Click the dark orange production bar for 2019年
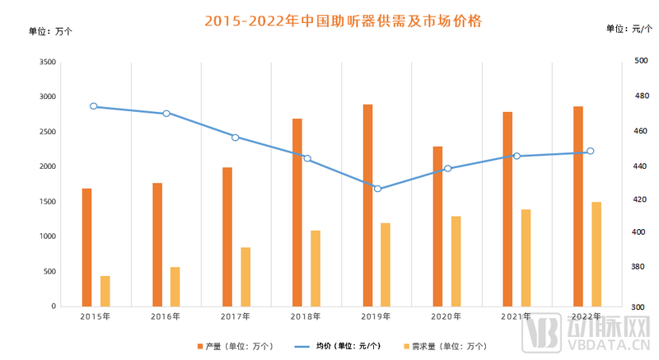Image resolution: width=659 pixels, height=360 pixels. (x=367, y=205)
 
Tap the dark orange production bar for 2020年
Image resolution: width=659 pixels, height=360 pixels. (x=437, y=227)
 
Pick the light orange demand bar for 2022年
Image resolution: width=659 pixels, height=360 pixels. (x=596, y=254)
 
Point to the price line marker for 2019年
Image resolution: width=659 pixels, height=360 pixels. (x=378, y=189)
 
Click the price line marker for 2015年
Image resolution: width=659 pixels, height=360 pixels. (x=94, y=106)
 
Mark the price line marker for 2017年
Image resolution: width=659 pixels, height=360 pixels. (x=235, y=138)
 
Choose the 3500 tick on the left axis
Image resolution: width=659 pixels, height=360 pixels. (x=47, y=63)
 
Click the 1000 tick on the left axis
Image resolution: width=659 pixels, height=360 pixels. (x=47, y=237)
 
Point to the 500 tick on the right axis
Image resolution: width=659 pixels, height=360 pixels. (x=619, y=62)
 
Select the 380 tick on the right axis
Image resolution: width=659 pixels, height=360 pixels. (x=619, y=268)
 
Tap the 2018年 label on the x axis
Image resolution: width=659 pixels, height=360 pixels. (x=306, y=316)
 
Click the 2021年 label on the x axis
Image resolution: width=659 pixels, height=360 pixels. (x=516, y=316)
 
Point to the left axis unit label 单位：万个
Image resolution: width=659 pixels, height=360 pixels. (x=51, y=31)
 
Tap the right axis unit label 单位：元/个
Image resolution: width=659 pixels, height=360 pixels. (x=629, y=29)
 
